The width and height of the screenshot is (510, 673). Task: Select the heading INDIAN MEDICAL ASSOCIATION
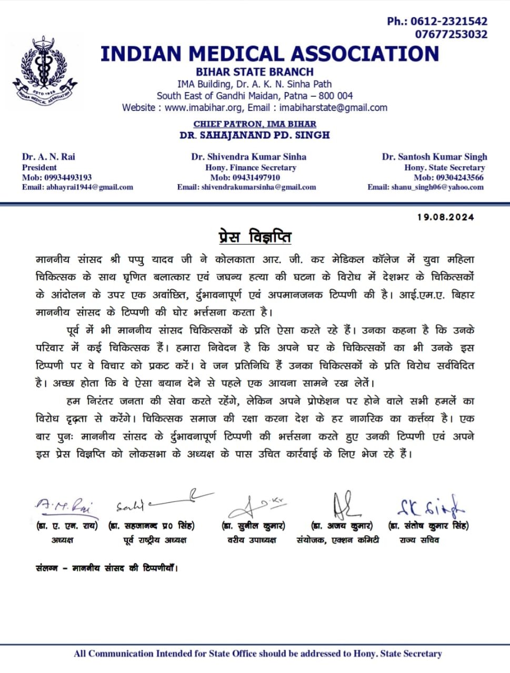(x=269, y=54)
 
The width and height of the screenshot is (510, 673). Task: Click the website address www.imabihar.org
(x=203, y=108)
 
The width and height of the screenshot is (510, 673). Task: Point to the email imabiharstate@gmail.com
(x=333, y=108)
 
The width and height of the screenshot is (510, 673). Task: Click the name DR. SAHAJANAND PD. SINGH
(x=255, y=135)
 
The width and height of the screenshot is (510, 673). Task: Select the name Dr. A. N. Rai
(x=48, y=157)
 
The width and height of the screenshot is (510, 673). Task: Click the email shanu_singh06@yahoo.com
(x=437, y=187)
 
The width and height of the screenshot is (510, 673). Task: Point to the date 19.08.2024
(x=445, y=217)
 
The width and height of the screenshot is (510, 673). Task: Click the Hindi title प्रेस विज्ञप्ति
(x=255, y=237)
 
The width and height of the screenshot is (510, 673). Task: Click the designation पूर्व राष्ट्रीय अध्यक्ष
(x=155, y=540)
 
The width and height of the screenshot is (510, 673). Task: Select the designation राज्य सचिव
(x=419, y=540)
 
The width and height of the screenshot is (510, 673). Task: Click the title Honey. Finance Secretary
(x=251, y=167)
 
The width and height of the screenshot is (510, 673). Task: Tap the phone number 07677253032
(x=451, y=35)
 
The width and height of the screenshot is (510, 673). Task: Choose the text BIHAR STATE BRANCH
(x=255, y=72)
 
